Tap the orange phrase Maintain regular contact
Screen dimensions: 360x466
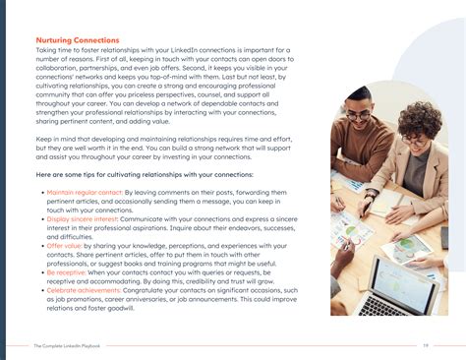[x=80, y=194]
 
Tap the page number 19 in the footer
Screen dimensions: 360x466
[x=425, y=346]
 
